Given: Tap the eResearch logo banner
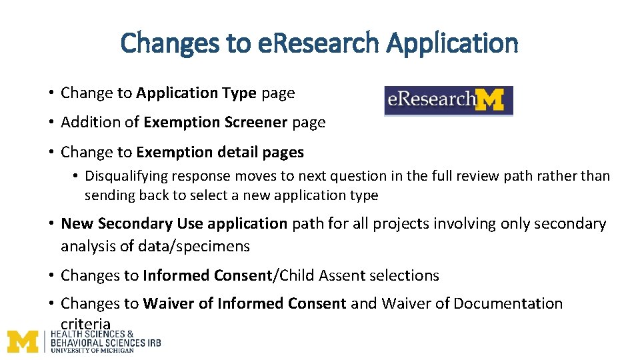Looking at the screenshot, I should [448, 101].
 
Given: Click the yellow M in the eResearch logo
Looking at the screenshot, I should [491, 101].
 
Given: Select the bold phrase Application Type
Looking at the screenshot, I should [196, 93].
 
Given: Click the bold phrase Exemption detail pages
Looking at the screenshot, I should [220, 152].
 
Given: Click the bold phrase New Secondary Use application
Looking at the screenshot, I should [174, 223].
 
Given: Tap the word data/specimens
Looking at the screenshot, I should [193, 246].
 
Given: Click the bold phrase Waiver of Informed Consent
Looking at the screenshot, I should [245, 304].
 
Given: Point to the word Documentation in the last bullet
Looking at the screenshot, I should [508, 304].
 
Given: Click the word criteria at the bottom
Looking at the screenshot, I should [85, 324].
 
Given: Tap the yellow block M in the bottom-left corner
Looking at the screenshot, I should [23, 341].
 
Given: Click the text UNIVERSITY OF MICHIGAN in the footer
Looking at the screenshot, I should [92, 350].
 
